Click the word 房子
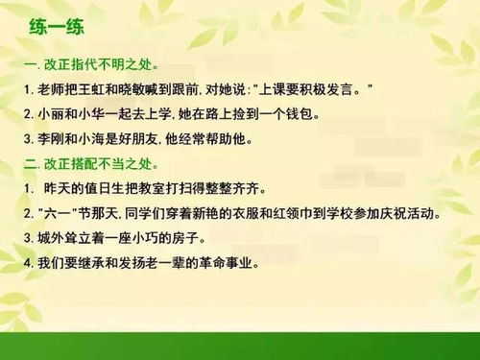click(x=195, y=236)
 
